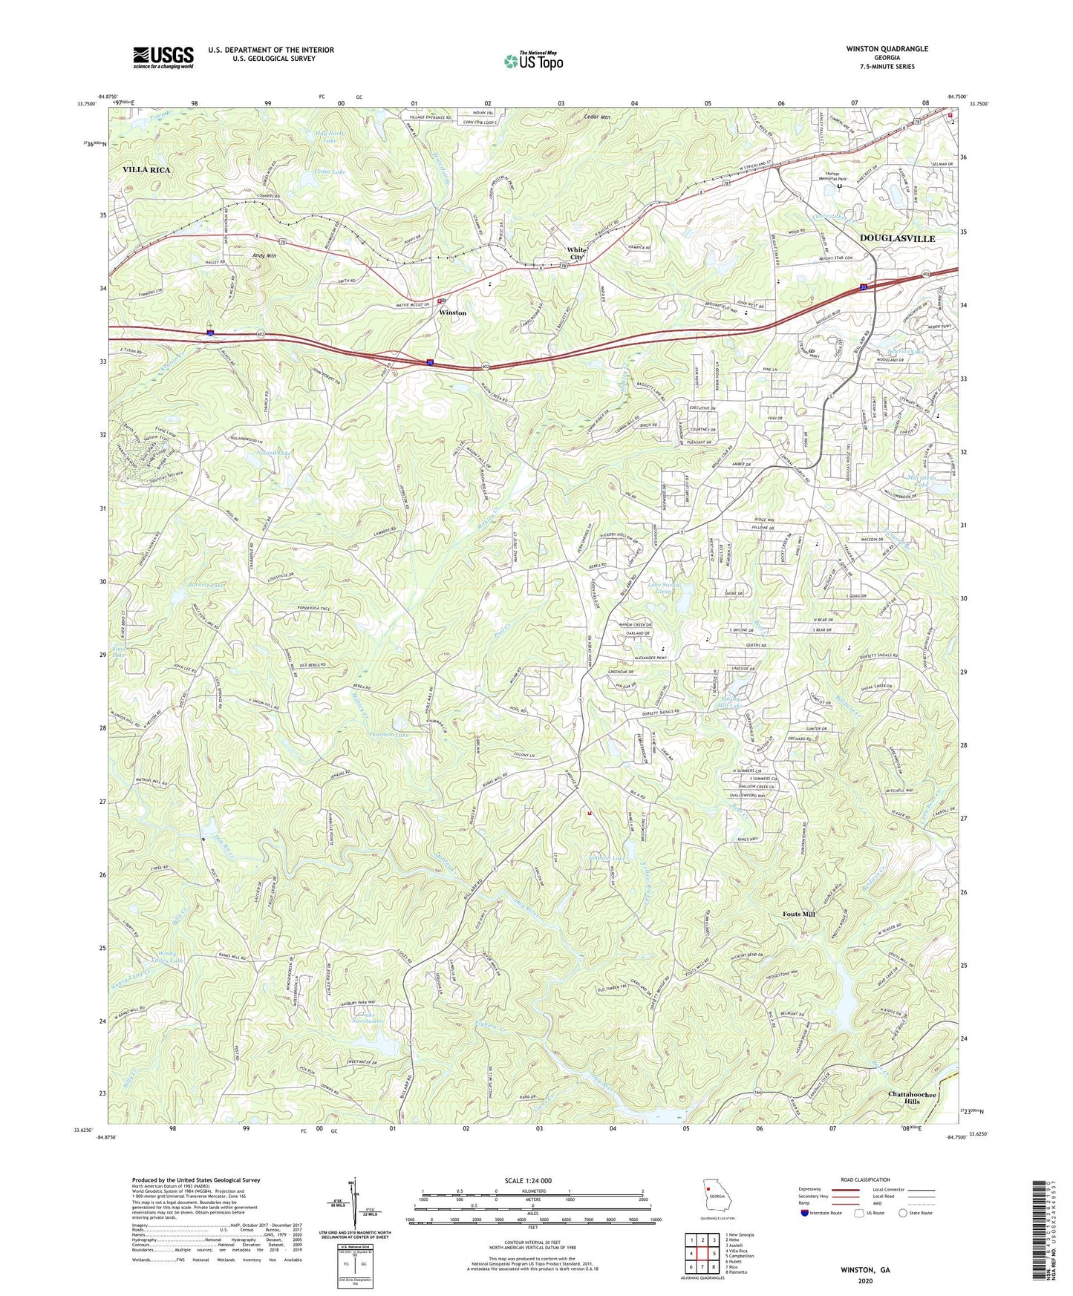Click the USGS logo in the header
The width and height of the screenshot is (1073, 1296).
[x=163, y=56]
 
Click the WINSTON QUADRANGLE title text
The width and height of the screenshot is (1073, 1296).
[x=887, y=49]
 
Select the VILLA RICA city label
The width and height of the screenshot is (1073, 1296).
[x=146, y=170]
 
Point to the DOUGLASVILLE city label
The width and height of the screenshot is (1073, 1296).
[x=897, y=238]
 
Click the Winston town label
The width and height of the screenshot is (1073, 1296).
[x=452, y=313]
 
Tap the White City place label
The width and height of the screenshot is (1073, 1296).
[x=576, y=253]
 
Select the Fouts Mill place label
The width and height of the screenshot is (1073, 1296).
[x=798, y=914]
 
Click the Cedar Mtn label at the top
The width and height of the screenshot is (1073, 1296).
[x=596, y=117]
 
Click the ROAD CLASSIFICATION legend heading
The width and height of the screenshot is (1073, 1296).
[x=866, y=1179]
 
